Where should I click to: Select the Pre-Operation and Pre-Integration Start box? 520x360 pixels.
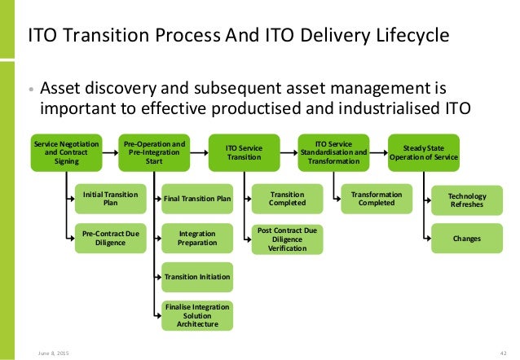155,151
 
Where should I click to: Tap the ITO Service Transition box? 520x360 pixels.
243,151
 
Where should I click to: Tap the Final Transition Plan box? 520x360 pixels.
197,198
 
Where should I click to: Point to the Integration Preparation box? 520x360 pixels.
197,238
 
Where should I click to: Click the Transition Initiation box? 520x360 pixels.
197,277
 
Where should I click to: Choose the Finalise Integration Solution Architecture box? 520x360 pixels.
197,314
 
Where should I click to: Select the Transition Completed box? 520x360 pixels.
287,198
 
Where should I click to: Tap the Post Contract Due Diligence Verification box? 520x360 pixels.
287,239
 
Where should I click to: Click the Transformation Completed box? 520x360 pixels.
377,198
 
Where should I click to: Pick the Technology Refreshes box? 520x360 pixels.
467,200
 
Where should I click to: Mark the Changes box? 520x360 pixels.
467,239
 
